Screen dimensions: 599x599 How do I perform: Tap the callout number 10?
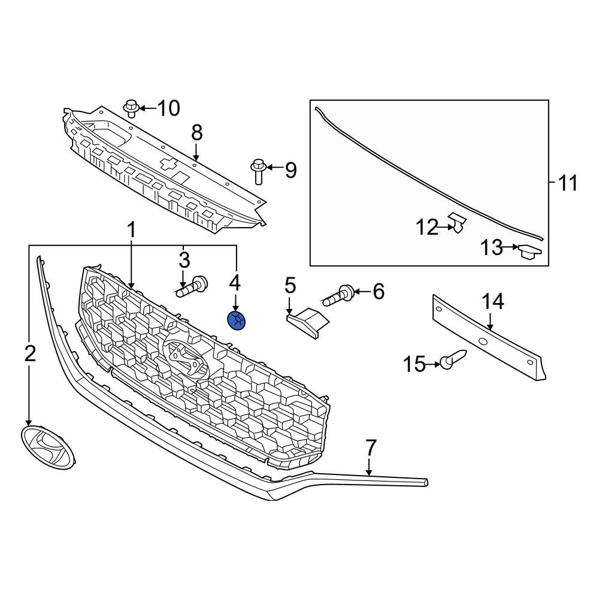tap(168, 108)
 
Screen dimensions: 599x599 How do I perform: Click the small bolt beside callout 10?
tap(132, 108)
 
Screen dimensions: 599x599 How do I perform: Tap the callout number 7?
tap(371, 447)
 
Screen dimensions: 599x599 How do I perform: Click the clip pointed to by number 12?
tap(458, 223)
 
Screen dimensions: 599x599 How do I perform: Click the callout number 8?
tap(197, 132)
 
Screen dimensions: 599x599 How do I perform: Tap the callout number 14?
tap(494, 302)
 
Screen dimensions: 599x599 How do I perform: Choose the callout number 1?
tap(131, 229)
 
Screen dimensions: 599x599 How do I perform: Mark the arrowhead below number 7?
tap(370, 473)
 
